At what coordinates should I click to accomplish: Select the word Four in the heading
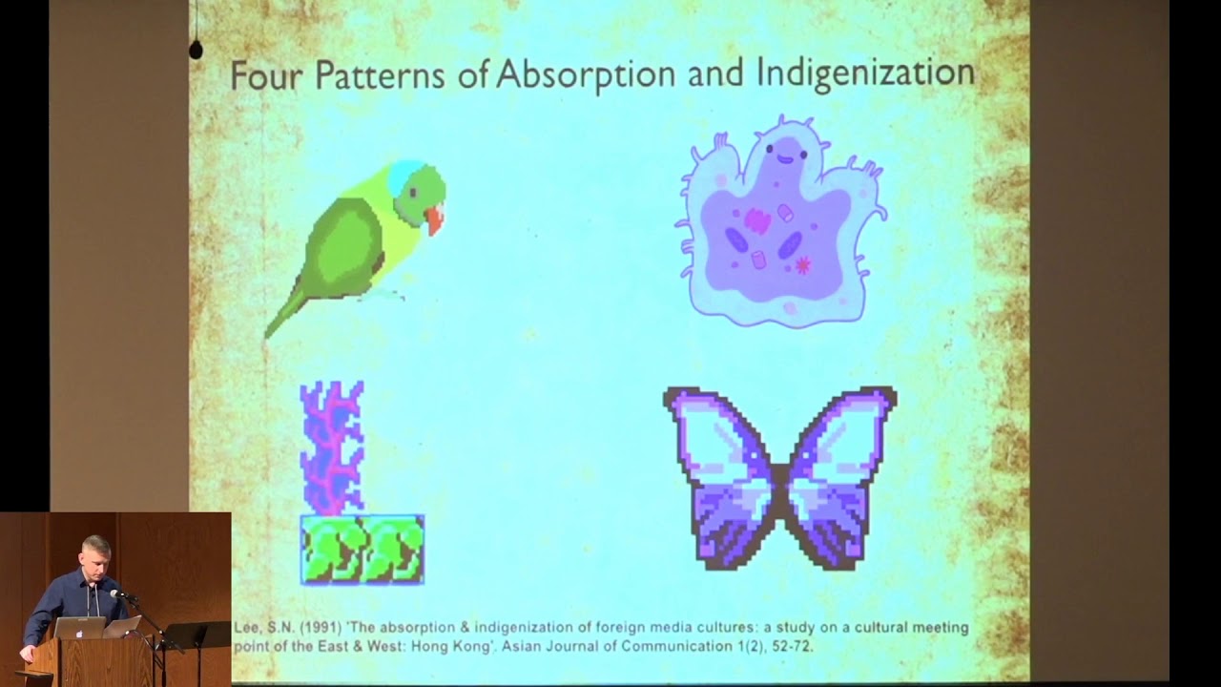tap(266, 75)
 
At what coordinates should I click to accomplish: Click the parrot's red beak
tap(435, 219)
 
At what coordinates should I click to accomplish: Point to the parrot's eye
tap(414, 192)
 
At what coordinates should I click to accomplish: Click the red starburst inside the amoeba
tap(802, 265)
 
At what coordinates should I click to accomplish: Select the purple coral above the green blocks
tap(331, 448)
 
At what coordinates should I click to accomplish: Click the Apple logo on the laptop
tap(79, 634)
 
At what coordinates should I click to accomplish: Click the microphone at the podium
tap(117, 593)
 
